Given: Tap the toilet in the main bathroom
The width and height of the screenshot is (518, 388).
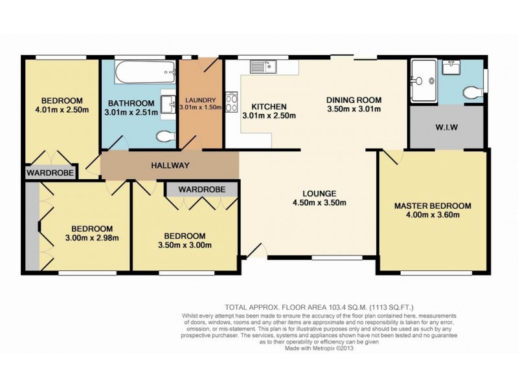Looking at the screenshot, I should [166, 136].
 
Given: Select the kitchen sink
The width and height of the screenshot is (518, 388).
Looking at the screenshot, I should [264, 65].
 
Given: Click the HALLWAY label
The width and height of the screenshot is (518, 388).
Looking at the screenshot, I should [170, 166].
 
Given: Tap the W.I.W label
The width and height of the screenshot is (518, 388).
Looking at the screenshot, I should [446, 127].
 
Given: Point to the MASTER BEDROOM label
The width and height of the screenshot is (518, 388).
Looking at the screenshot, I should [433, 206].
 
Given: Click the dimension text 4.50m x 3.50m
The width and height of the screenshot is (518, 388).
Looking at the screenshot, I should [319, 203].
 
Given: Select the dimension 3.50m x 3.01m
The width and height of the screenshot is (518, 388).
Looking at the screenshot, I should [354, 109].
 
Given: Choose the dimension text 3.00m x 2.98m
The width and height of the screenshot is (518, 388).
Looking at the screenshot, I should [91, 238].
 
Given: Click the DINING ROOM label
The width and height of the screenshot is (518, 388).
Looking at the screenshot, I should [354, 100].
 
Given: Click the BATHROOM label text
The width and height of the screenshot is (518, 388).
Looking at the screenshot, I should [131, 103].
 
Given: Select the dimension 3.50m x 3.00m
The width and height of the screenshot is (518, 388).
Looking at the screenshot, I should [185, 245].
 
